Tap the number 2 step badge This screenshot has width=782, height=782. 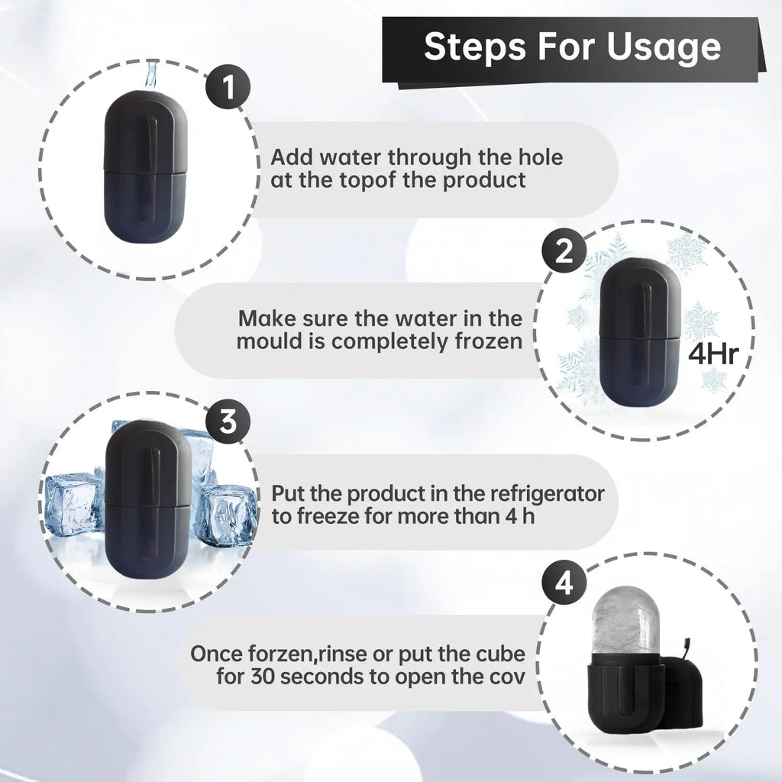coord(564,251)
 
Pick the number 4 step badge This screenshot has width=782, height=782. coord(564,586)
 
